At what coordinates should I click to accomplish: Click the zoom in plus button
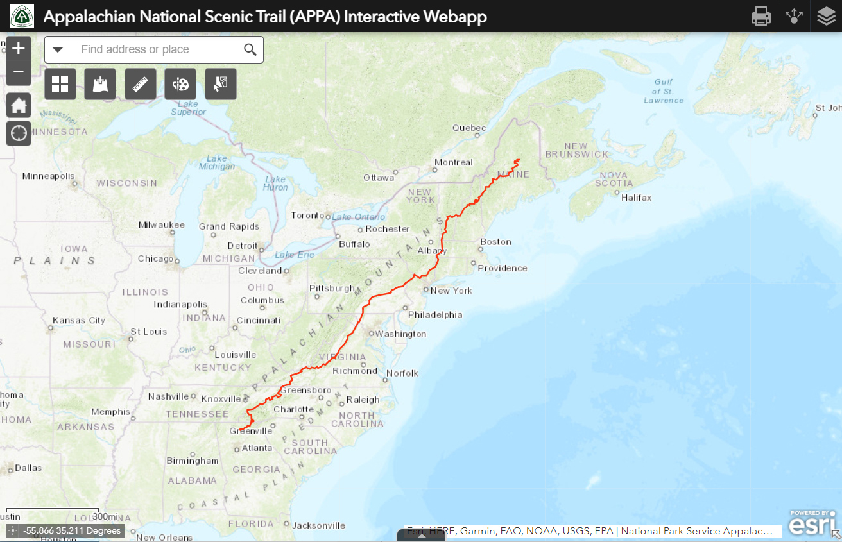[19, 48]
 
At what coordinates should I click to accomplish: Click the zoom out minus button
[19, 72]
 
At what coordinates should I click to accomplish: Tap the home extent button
[19, 105]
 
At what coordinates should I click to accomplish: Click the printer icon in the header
[760, 16]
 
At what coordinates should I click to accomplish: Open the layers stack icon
[827, 16]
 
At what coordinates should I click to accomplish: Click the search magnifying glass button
[250, 49]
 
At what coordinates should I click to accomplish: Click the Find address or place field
[153, 49]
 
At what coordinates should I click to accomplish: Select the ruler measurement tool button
[141, 84]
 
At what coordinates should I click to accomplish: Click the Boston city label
[495, 242]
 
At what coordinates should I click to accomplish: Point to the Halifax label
[636, 198]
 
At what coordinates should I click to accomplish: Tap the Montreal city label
[453, 162]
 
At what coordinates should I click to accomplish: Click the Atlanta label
[257, 448]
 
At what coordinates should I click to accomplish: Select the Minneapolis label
[48, 176]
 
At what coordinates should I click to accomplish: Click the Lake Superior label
[188, 108]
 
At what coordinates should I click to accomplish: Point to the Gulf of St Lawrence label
[664, 91]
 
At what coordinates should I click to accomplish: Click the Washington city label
[400, 334]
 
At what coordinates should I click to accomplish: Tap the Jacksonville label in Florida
[318, 525]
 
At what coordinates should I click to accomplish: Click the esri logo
[812, 525]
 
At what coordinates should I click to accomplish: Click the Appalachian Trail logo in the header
[21, 16]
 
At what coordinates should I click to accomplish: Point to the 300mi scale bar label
[105, 516]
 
